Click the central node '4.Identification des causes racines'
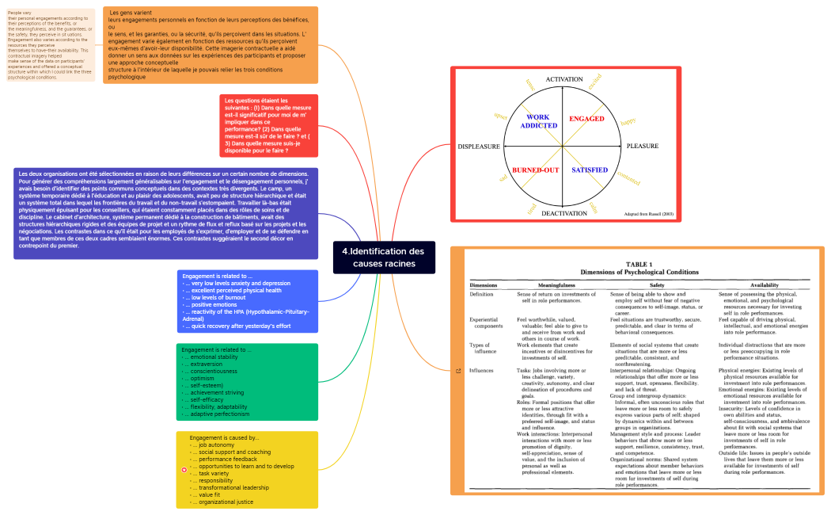[x=384, y=257]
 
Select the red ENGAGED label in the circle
[x=586, y=119]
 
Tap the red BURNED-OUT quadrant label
[x=535, y=170]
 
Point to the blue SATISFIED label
[x=590, y=170]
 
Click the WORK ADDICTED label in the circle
[x=538, y=121]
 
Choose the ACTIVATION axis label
[x=563, y=80]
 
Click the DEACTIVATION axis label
[x=563, y=213]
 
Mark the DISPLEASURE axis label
[x=479, y=147]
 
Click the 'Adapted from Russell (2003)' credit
[x=649, y=214]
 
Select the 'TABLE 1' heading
[x=639, y=264]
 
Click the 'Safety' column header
[x=656, y=284]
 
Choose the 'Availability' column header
[x=764, y=284]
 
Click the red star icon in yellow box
[x=184, y=470]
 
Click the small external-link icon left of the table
[x=458, y=370]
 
